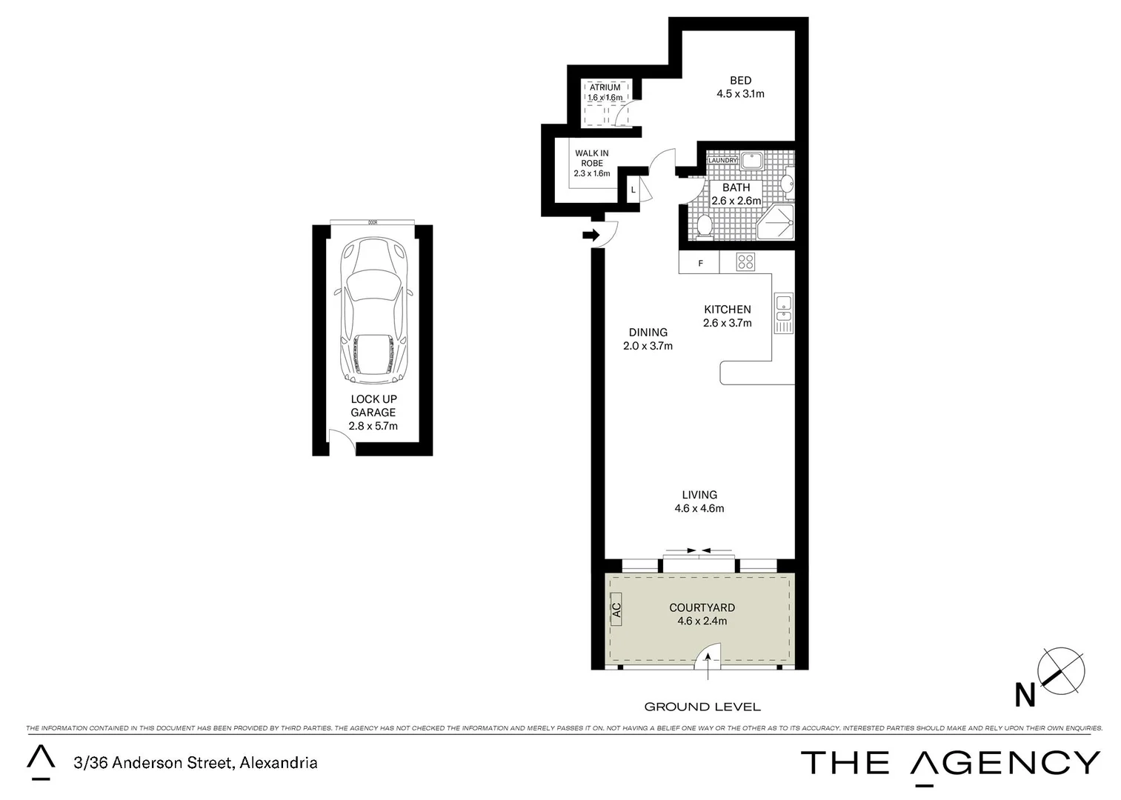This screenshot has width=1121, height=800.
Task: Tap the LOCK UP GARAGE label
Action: click(x=373, y=406)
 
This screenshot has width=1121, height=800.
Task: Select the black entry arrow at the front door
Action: click(x=591, y=236)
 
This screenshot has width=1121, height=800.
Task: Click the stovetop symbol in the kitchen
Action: click(x=745, y=261)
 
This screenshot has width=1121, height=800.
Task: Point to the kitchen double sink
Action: click(x=783, y=313)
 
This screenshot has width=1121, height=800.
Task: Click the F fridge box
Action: click(x=699, y=263)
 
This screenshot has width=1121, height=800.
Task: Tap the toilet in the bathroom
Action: click(x=704, y=225)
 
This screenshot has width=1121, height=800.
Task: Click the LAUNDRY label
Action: click(x=723, y=161)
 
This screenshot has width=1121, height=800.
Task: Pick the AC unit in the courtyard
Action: click(x=616, y=610)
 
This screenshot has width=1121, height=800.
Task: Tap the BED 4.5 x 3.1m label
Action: click(x=740, y=87)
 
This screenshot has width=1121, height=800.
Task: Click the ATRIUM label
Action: click(x=605, y=87)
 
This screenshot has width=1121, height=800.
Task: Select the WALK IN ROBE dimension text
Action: click(x=591, y=173)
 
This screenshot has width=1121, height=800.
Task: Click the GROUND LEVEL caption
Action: click(x=702, y=707)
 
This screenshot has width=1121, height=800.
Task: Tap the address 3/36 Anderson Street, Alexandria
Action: click(x=196, y=762)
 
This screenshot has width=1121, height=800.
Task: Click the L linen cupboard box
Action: click(x=633, y=190)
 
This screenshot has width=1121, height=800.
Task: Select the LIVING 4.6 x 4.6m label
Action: click(x=699, y=501)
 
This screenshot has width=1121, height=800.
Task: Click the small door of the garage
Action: click(x=342, y=444)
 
